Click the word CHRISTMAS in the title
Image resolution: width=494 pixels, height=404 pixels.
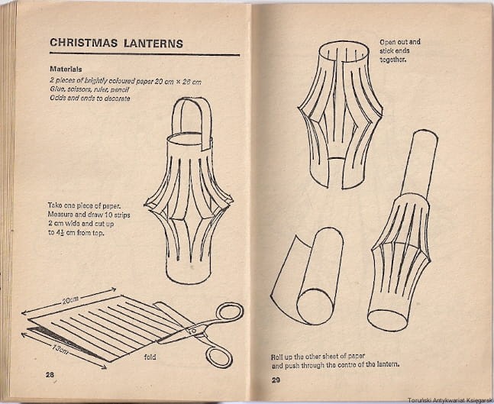coord(83,43)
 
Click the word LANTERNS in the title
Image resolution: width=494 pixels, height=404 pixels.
coord(153,44)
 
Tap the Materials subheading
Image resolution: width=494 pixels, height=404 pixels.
coord(66,69)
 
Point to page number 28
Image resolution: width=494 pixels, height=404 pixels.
coord(50,375)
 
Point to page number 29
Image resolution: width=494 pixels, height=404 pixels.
coord(276,380)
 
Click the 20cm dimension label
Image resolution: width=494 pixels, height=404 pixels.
coord(70,300)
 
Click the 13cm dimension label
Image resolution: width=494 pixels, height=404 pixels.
coord(60,349)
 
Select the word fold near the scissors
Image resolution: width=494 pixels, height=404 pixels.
coord(150,357)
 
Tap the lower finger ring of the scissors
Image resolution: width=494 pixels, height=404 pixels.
coord(220,357)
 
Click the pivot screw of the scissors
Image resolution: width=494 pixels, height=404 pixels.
coord(193,331)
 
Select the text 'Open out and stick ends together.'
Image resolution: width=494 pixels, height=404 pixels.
coord(399,50)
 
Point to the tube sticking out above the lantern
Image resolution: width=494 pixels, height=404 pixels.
coord(419,164)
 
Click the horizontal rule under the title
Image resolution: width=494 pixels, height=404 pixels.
coord(144,54)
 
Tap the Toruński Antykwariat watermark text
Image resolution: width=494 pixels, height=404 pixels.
coord(450,400)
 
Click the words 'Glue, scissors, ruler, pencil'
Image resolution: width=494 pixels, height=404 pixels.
coord(89,90)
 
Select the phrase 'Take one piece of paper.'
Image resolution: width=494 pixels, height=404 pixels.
coord(85,205)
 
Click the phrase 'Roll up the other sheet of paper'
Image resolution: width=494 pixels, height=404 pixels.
coord(318,357)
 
